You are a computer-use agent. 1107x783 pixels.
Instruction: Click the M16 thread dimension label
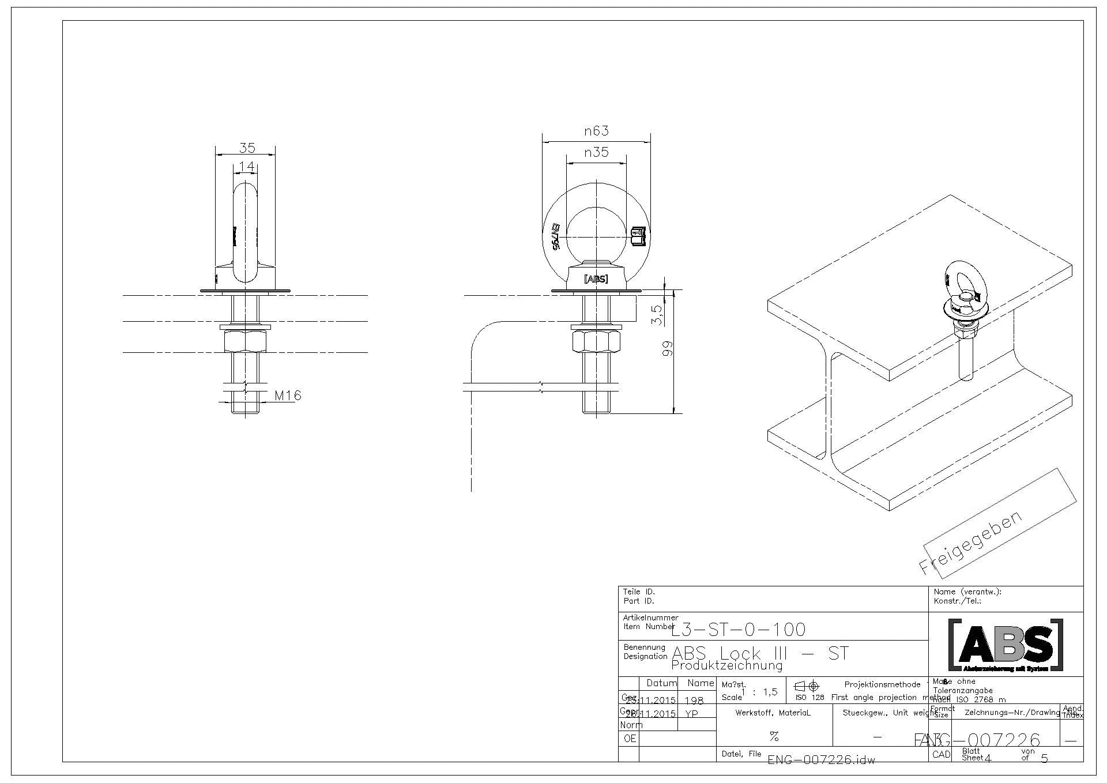click(x=287, y=396)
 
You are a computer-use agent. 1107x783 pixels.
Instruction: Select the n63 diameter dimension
click(x=596, y=131)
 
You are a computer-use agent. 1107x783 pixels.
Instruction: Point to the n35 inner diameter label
click(x=596, y=153)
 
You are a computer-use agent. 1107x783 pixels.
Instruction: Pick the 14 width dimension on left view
click(x=246, y=167)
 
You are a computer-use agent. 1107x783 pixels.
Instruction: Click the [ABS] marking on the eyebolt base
click(x=596, y=279)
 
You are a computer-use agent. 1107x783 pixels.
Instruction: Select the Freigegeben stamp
click(x=970, y=543)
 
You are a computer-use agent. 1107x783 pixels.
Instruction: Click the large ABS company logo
click(x=1006, y=645)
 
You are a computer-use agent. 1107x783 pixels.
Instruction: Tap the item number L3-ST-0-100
click(x=739, y=629)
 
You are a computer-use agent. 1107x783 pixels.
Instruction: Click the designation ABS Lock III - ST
click(x=760, y=653)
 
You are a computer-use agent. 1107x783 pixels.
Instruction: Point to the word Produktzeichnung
click(x=726, y=666)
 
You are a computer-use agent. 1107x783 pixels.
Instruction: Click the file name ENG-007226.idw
click(x=821, y=760)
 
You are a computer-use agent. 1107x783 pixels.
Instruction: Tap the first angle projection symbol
click(x=807, y=686)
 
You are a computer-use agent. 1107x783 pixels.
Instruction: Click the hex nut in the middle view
click(x=596, y=341)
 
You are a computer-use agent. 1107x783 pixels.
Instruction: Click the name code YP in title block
click(x=691, y=714)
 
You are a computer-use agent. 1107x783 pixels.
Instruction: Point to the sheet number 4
click(x=988, y=759)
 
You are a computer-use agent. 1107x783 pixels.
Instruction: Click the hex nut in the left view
click(x=246, y=341)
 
